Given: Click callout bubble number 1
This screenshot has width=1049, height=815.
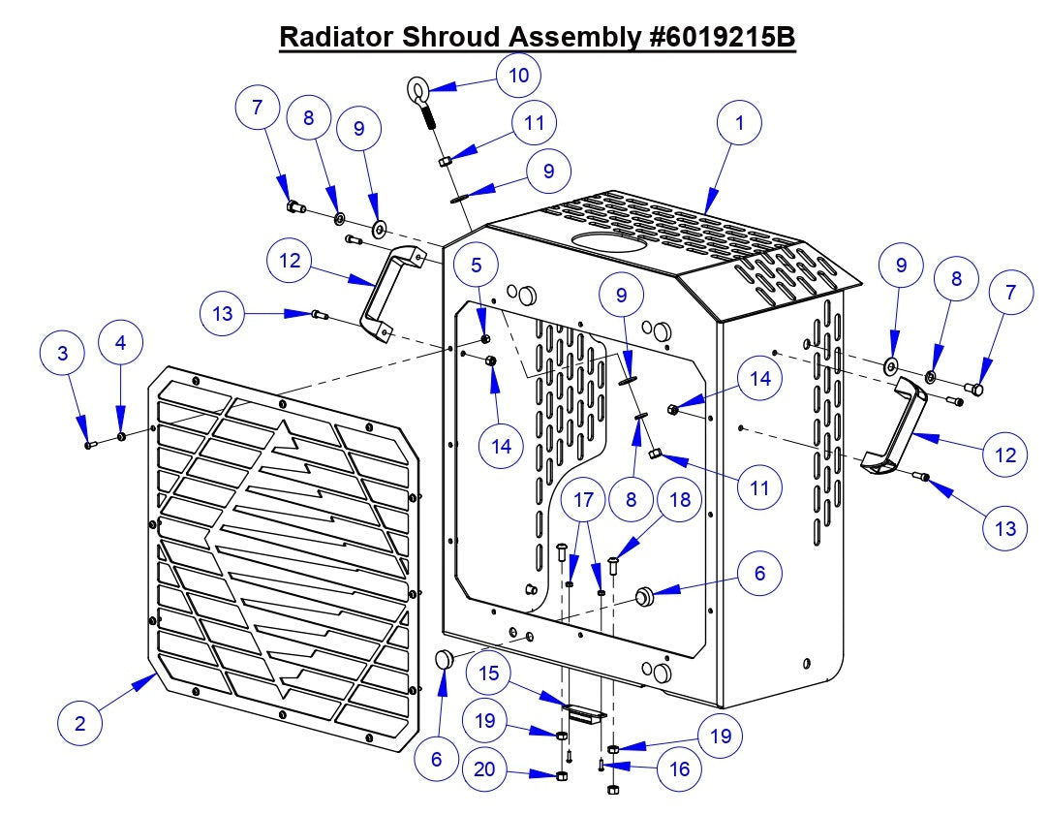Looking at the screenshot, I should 740,123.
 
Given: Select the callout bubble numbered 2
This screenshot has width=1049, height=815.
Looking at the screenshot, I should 80,723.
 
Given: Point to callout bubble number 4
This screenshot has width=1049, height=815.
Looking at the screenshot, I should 120,343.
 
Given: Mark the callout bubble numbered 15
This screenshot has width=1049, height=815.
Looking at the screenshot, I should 491,673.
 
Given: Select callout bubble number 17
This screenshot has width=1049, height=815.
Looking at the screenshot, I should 582,502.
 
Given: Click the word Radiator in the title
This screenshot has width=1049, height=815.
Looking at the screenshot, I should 336,37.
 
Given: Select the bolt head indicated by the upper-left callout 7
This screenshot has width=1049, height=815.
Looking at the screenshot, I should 294,205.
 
